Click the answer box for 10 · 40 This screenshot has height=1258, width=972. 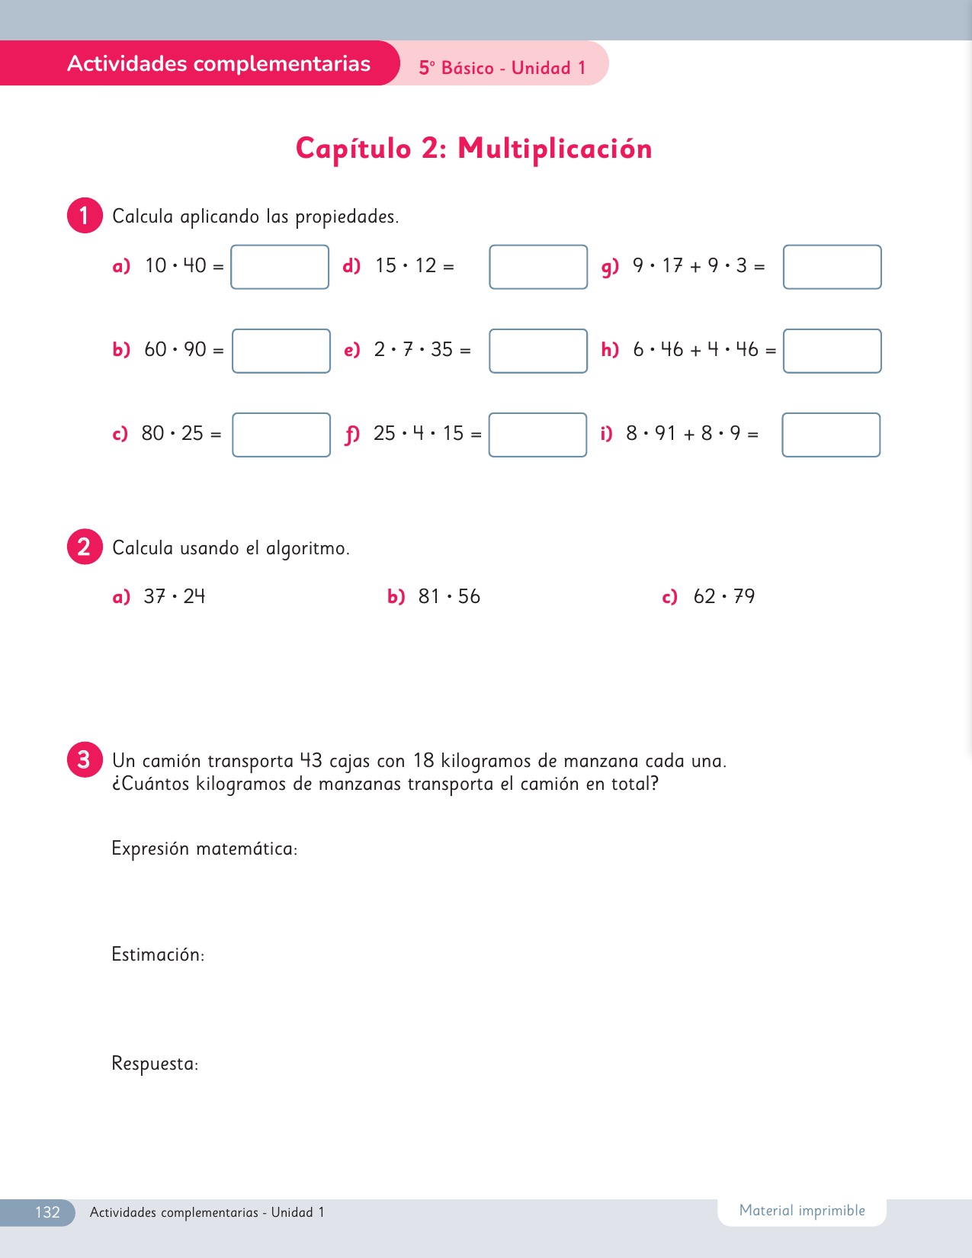(x=280, y=267)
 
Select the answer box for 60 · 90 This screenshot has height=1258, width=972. (x=281, y=351)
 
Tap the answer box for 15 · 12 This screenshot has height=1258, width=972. (x=538, y=267)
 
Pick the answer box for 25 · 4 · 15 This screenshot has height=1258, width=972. (x=537, y=435)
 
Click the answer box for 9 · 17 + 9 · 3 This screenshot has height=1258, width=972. (x=832, y=267)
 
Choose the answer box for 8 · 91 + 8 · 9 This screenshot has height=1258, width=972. (x=831, y=435)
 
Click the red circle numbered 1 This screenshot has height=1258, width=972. (x=85, y=216)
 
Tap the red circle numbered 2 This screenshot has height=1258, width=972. (x=85, y=547)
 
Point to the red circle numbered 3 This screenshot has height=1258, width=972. (x=85, y=759)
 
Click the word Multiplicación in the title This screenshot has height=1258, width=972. (x=554, y=149)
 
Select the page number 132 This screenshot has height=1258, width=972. (x=47, y=1212)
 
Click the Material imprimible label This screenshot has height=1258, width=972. (x=802, y=1211)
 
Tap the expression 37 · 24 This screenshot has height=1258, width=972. (x=175, y=596)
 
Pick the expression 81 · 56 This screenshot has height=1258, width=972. (x=449, y=596)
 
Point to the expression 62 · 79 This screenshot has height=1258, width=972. (x=723, y=596)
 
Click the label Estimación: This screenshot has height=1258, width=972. (x=158, y=955)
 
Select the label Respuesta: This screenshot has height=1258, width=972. (x=155, y=1064)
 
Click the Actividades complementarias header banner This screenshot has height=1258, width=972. (x=219, y=64)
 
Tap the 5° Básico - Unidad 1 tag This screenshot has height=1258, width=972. (x=502, y=68)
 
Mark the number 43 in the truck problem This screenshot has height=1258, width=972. (x=311, y=761)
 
